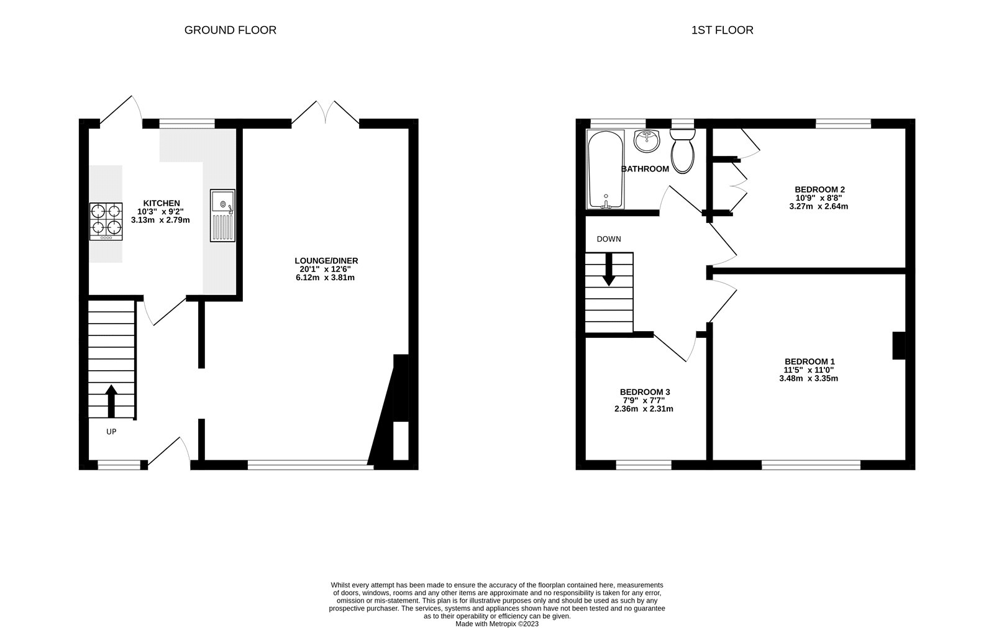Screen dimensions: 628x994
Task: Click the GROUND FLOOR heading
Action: click(230, 30)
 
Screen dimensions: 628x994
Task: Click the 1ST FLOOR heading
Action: click(722, 30)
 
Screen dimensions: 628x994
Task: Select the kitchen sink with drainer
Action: click(222, 215)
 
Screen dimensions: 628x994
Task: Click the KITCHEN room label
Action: click(162, 203)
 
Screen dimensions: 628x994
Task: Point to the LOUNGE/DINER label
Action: click(326, 261)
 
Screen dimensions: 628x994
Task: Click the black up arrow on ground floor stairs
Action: click(111, 401)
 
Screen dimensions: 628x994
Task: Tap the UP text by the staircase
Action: click(111, 431)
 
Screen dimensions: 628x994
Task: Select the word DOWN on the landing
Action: click(609, 239)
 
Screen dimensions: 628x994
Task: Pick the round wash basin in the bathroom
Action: click(647, 140)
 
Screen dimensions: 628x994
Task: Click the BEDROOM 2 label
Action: click(819, 189)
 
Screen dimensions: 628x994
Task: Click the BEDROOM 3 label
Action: click(644, 392)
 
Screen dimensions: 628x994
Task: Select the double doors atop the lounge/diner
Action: click(326, 113)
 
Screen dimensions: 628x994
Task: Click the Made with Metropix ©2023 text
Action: click(497, 624)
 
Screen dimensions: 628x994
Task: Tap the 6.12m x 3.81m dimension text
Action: click(325, 278)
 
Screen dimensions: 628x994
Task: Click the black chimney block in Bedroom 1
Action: click(898, 346)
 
